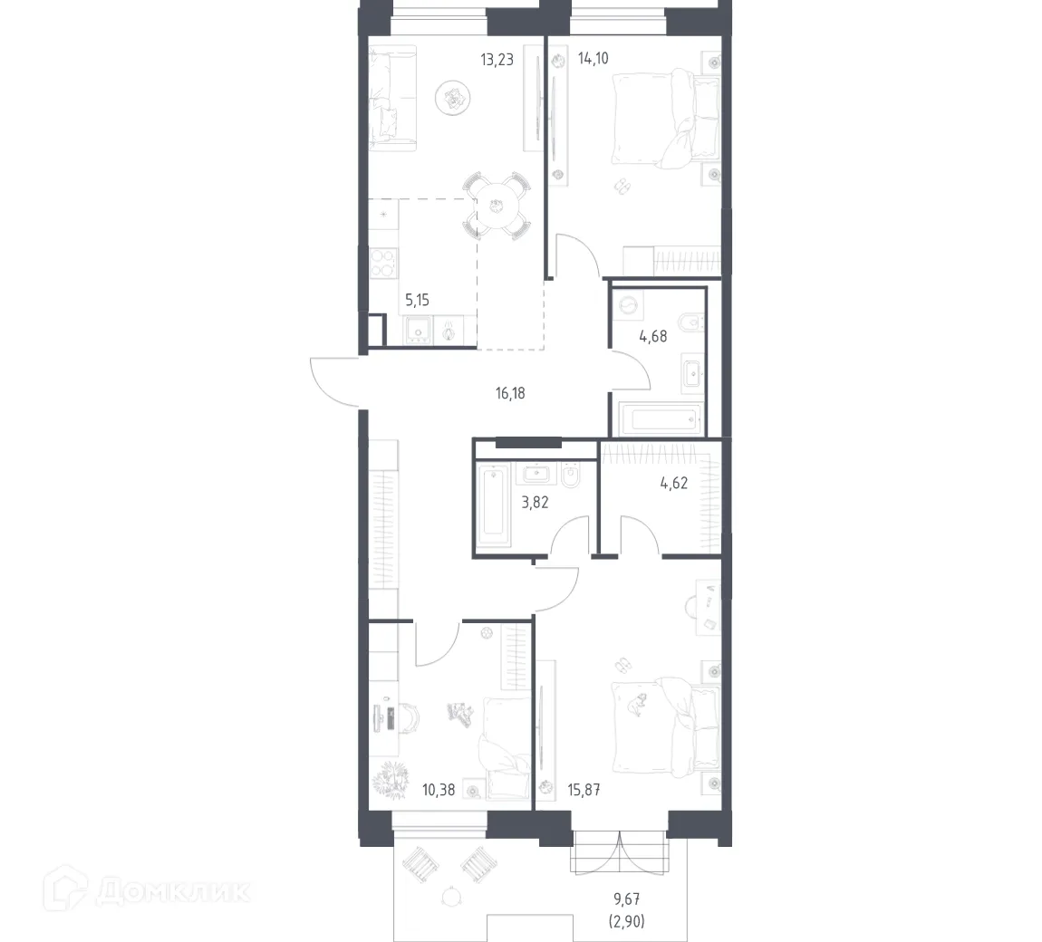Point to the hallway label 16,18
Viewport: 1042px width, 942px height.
pos(511,393)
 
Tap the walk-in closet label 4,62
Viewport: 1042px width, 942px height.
pos(673,483)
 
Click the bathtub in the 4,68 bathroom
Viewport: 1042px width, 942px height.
pos(657,420)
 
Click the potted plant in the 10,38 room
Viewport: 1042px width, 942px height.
pos(392,778)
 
